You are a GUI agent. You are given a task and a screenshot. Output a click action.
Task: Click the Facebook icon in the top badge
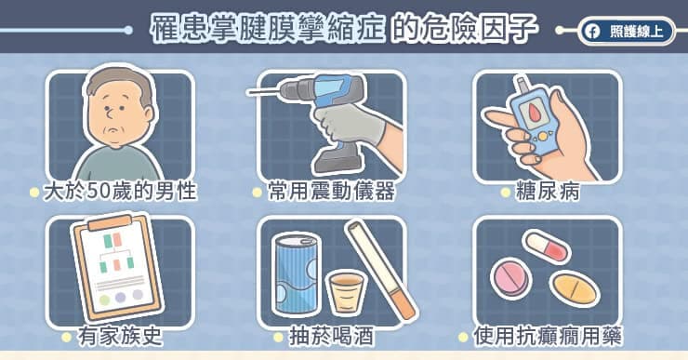coord(592,32)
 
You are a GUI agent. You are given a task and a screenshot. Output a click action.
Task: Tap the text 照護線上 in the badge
coord(636,32)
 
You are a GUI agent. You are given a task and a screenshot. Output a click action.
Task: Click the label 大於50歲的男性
coord(120,192)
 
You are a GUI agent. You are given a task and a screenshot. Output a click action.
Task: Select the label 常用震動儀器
coord(332,192)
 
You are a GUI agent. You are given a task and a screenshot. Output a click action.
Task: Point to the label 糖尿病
coord(548,192)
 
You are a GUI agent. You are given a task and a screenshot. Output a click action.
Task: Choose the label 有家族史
coord(120,337)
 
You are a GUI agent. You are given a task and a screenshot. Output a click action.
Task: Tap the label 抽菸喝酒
coord(332,337)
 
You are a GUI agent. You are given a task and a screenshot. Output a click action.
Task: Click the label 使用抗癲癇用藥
coord(548,337)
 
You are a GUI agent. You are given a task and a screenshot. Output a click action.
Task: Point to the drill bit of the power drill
coord(264,92)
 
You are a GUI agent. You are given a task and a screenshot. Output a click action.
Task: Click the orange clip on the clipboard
coord(110,223)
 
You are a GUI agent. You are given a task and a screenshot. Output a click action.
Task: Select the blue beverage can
coord(297,274)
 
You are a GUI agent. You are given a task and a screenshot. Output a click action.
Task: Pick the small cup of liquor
coord(347,292)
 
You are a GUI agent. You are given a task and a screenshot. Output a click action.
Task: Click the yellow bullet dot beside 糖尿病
coord(506,193)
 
